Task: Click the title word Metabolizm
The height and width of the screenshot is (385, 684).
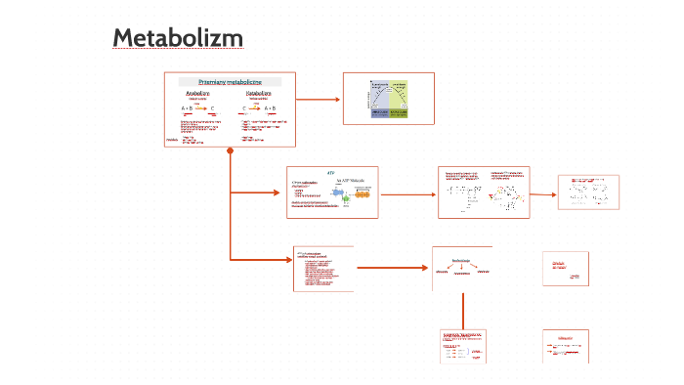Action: tap(177, 37)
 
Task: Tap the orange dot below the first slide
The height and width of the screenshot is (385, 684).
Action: tap(231, 150)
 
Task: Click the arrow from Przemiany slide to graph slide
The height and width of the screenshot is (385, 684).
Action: tap(318, 99)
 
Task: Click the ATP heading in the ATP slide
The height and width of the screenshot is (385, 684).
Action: tap(330, 171)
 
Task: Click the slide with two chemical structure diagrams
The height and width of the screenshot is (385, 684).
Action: tap(484, 192)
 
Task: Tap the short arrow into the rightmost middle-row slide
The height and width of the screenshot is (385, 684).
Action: tap(544, 193)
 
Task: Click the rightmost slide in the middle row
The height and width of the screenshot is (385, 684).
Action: tap(588, 192)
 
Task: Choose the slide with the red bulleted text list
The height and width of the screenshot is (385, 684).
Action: tap(323, 269)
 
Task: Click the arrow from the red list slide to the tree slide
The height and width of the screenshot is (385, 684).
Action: tap(391, 268)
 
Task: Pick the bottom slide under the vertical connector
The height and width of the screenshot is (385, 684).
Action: tap(462, 347)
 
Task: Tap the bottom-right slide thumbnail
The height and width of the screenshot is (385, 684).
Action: tap(566, 347)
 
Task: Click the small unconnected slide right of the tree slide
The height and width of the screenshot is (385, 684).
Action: tap(566, 269)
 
